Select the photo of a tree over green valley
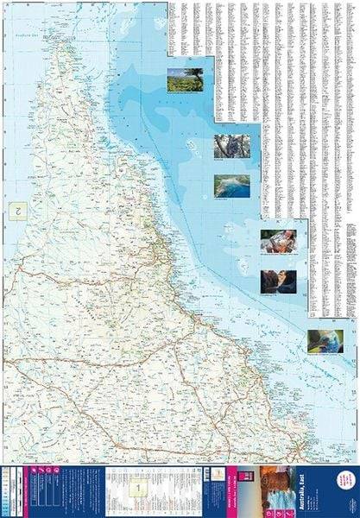pyautogui.click(x=185, y=79)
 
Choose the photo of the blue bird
pyautogui.click(x=325, y=340)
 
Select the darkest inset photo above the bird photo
pyautogui.click(x=278, y=280)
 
